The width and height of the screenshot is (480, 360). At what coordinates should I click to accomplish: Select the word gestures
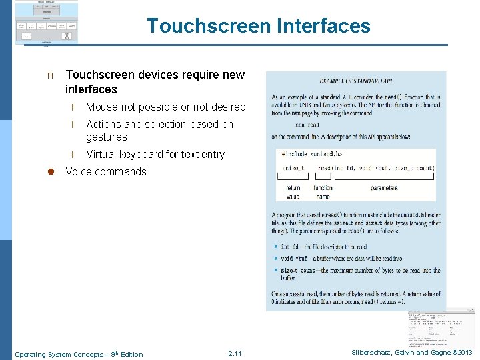click(106, 137)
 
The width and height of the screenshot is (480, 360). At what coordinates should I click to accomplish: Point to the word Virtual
click(102, 154)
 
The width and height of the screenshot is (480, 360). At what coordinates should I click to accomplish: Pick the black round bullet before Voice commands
click(49, 172)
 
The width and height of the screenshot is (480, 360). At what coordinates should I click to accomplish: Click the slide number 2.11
click(235, 354)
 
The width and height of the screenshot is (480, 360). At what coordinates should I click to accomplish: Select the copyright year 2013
click(463, 353)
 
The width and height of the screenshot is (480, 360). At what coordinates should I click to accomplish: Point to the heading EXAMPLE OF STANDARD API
click(355, 81)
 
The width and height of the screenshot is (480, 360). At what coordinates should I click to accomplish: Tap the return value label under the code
click(293, 193)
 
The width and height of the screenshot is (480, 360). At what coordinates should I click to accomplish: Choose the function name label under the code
click(323, 193)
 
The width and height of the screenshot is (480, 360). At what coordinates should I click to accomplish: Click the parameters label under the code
click(384, 189)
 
